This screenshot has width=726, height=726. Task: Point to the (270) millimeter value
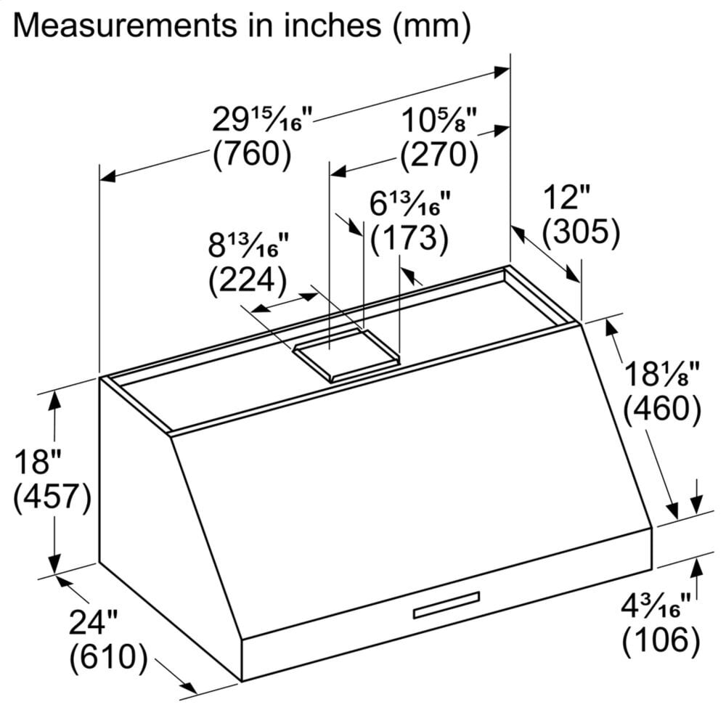click(x=439, y=153)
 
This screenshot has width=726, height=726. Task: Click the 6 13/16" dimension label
click(x=410, y=204)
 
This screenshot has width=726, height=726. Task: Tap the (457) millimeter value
click(x=51, y=497)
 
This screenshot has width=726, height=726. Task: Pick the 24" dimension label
click(x=93, y=623)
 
